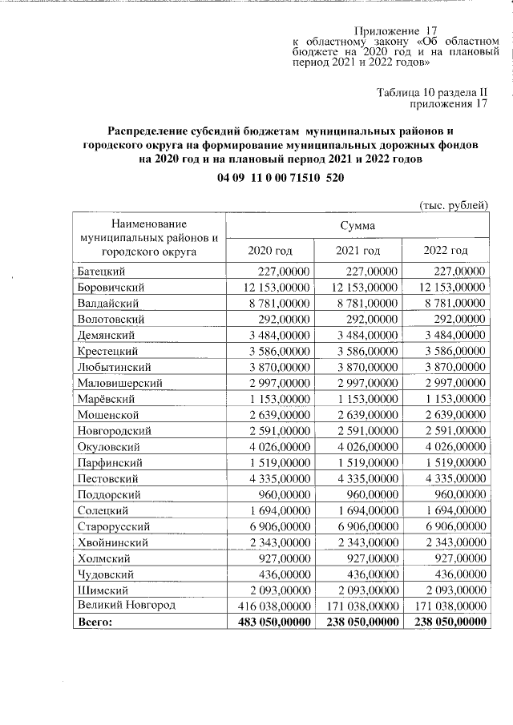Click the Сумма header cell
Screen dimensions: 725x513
point(357,226)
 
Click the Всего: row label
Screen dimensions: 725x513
point(96,621)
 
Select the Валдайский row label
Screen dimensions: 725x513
point(108,303)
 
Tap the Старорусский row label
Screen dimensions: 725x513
point(115,526)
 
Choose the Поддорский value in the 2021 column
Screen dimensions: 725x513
point(368,493)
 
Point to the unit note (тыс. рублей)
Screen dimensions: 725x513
point(454,205)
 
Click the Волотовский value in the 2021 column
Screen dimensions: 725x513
point(368,319)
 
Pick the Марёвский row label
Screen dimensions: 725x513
point(109,398)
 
